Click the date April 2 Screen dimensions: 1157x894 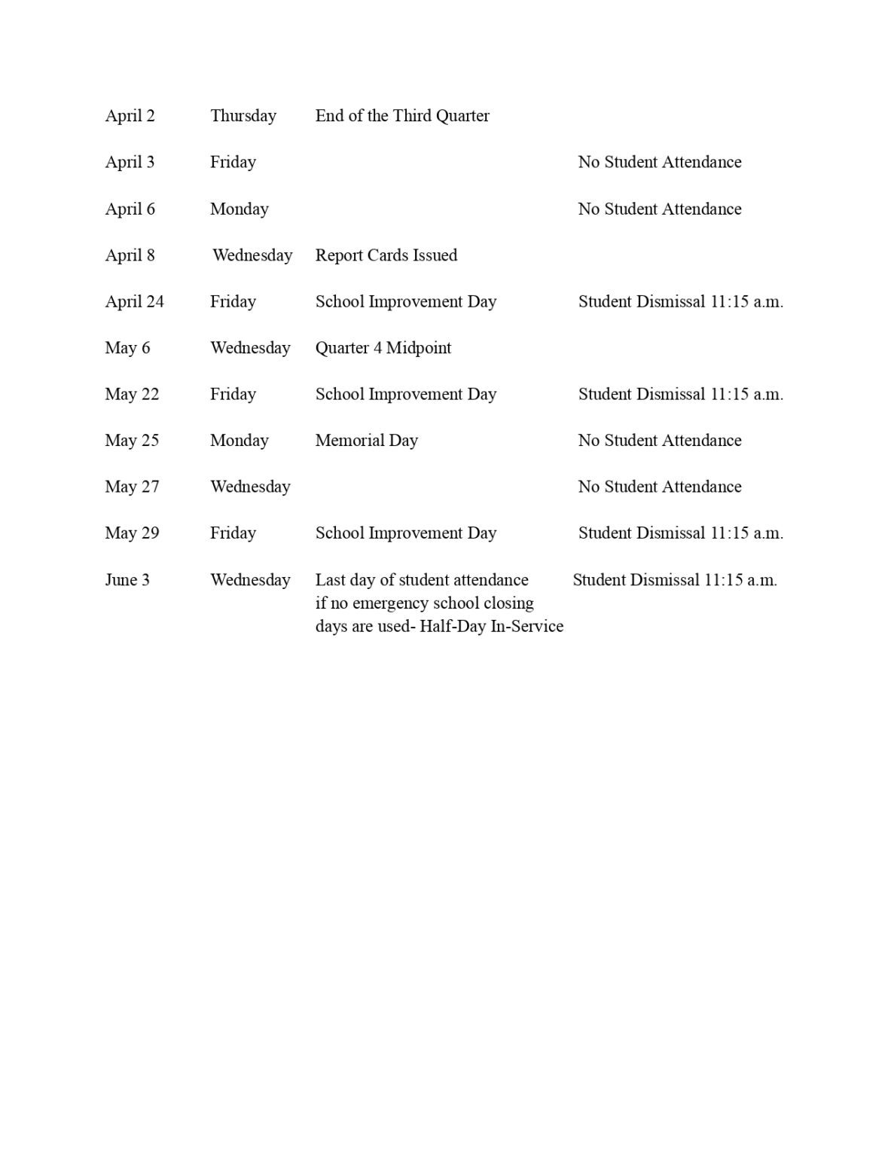(130, 116)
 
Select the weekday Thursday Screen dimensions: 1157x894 (243, 116)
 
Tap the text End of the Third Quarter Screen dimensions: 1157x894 (402, 116)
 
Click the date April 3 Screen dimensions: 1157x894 (130, 162)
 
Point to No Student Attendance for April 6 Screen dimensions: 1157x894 (659, 209)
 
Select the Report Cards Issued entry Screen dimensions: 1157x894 (386, 255)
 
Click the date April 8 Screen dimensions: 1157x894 (130, 255)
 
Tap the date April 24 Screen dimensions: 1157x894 (134, 301)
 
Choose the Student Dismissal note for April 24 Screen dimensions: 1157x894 (680, 301)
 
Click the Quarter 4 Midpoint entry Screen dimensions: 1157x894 (383, 348)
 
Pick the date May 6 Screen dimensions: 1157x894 (127, 348)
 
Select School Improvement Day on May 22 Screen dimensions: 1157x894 (405, 394)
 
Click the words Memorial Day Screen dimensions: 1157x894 (366, 441)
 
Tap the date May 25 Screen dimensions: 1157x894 (132, 441)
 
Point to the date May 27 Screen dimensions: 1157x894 (132, 487)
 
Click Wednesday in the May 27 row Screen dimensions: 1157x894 (250, 487)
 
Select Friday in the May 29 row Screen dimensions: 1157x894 (233, 533)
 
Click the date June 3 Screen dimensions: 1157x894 (127, 580)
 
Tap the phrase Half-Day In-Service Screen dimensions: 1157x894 (491, 627)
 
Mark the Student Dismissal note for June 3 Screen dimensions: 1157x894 (674, 580)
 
